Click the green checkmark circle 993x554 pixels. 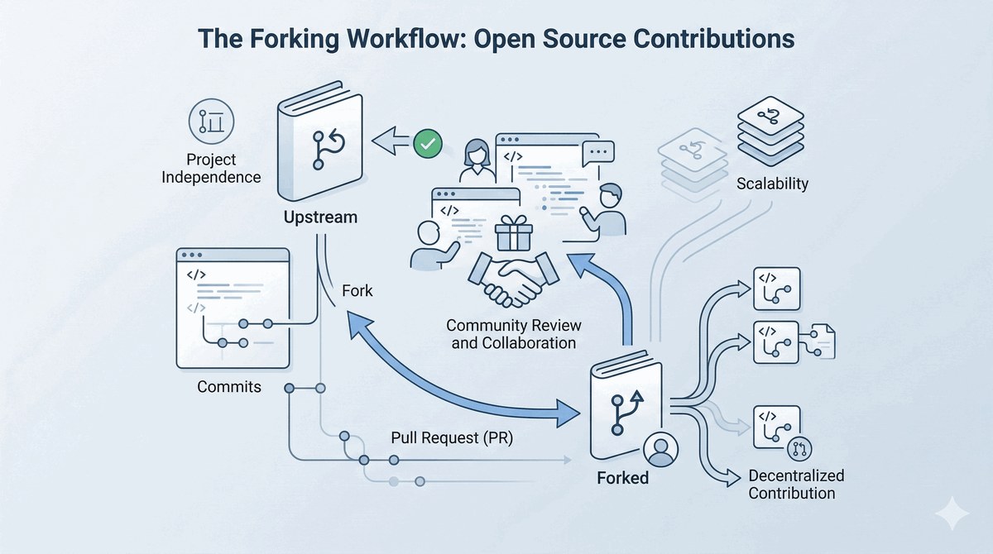coord(428,144)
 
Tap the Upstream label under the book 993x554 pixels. coord(320,217)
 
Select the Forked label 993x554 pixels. coord(623,478)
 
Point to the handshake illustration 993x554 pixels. coord(513,279)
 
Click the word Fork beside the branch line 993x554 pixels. coord(357,291)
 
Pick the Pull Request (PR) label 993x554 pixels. coord(452,438)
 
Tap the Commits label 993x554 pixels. coord(229,387)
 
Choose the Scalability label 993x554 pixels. coord(772,184)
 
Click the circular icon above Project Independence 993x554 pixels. coord(212,122)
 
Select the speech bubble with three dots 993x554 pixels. coord(598,153)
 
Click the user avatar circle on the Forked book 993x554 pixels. coord(660,450)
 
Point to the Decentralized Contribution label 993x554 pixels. coord(796,485)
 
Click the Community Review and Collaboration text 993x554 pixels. coord(513,334)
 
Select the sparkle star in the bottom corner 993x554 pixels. coord(952,513)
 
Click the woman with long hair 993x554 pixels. coord(477,161)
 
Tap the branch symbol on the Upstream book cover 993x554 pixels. coord(328,150)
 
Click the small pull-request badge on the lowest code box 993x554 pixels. coord(799,449)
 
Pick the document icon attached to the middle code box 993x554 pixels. coord(823,341)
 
